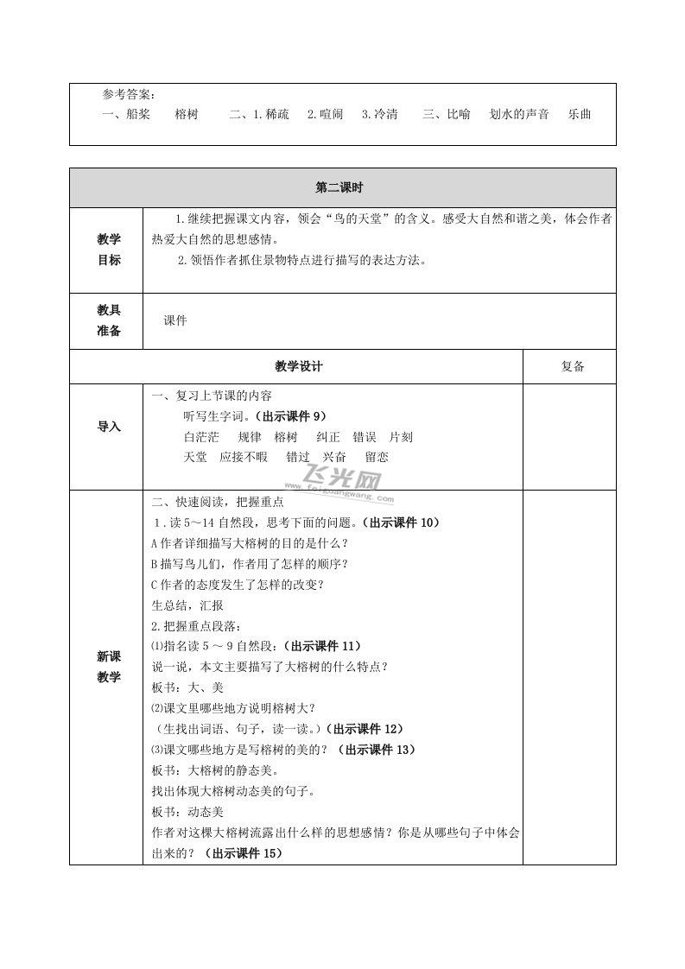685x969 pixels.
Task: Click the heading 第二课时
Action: pyautogui.click(x=342, y=187)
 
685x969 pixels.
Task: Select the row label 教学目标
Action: pyautogui.click(x=109, y=250)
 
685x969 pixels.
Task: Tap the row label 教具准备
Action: pyautogui.click(x=109, y=320)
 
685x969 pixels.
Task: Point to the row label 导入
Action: pyautogui.click(x=109, y=427)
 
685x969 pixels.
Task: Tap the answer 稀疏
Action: pyautogui.click(x=277, y=114)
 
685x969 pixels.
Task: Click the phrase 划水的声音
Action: pyautogui.click(x=519, y=114)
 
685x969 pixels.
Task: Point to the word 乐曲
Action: pyautogui.click(x=580, y=114)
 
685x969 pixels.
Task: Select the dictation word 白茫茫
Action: pyautogui.click(x=202, y=437)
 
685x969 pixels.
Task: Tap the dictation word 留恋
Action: pyautogui.click(x=377, y=457)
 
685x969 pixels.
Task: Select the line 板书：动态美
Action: pyautogui.click(x=187, y=812)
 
